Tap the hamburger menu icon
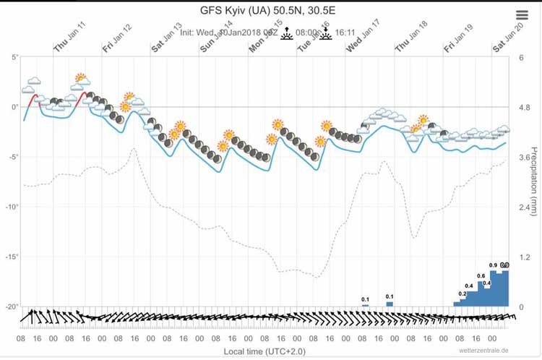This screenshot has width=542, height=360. click(522, 15)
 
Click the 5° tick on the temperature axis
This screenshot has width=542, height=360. click(12, 57)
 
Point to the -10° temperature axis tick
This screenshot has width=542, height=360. click(10, 207)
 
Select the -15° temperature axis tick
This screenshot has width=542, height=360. click(10, 257)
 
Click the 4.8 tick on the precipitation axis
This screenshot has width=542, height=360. click(524, 108)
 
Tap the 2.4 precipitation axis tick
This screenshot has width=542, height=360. click(524, 207)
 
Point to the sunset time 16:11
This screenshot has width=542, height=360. click(345, 33)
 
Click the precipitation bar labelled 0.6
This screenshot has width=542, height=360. click(481, 293)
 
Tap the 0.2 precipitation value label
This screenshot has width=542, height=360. click(463, 293)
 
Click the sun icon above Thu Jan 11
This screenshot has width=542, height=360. click(80, 78)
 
